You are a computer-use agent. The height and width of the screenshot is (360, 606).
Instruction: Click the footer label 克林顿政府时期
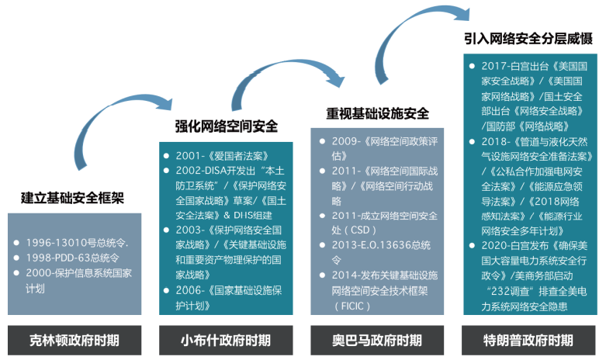click(75, 340)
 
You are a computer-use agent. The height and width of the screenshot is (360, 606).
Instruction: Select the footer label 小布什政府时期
click(226, 340)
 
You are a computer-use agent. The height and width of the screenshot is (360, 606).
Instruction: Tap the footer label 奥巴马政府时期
click(377, 340)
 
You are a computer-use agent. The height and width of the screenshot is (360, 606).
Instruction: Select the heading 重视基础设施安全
click(377, 113)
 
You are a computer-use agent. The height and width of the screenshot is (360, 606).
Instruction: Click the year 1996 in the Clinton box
click(39, 242)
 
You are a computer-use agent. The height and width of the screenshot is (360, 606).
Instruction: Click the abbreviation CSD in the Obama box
click(358, 230)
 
